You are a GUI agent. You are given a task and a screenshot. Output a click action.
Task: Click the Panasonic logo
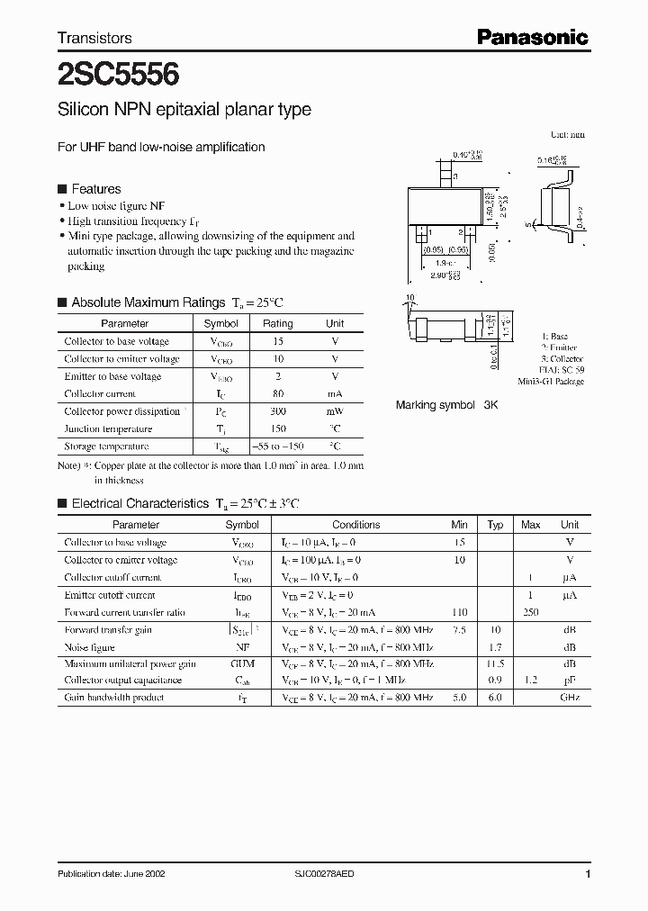[532, 37]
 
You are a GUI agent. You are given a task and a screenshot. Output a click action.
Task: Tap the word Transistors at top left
[94, 38]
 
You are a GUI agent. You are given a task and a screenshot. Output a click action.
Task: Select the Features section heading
[95, 189]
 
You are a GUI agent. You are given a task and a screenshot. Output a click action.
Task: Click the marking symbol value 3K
[490, 405]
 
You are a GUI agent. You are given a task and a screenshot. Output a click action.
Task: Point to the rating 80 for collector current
[278, 393]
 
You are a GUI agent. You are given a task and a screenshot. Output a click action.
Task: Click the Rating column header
[278, 323]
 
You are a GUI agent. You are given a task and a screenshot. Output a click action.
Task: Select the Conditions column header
[355, 525]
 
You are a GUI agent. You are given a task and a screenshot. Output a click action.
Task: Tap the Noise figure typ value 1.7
[495, 646]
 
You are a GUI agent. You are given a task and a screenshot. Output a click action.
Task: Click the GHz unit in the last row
[570, 698]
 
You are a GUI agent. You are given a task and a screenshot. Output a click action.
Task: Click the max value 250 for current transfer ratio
[531, 612]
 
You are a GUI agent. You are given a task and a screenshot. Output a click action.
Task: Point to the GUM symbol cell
[242, 663]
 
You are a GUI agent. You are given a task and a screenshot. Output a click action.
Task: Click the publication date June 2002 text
[111, 874]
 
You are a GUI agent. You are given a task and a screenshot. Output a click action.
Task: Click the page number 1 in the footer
[587, 874]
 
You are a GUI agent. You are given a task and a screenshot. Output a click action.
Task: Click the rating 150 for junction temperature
[278, 428]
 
